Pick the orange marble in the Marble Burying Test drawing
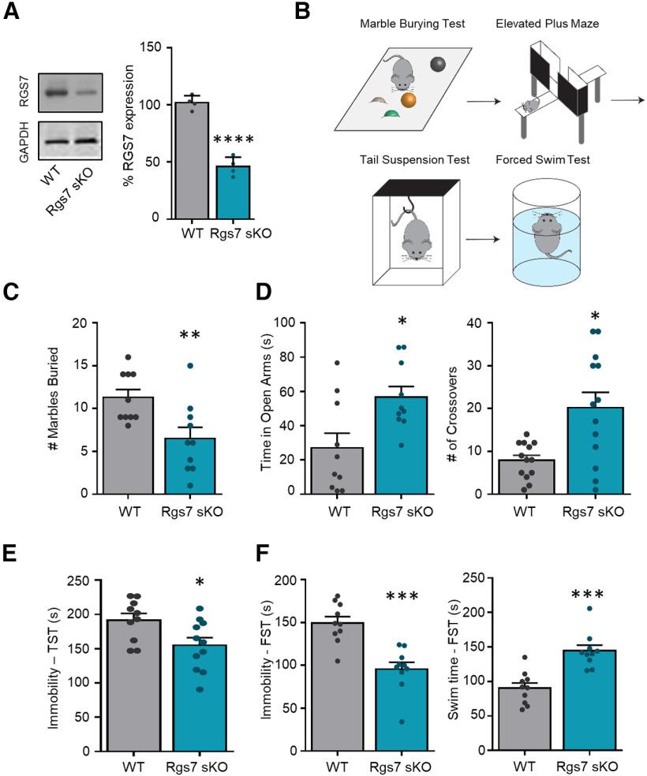(x=408, y=101)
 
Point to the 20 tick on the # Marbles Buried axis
(x=76, y=323)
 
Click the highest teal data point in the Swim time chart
(x=589, y=608)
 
